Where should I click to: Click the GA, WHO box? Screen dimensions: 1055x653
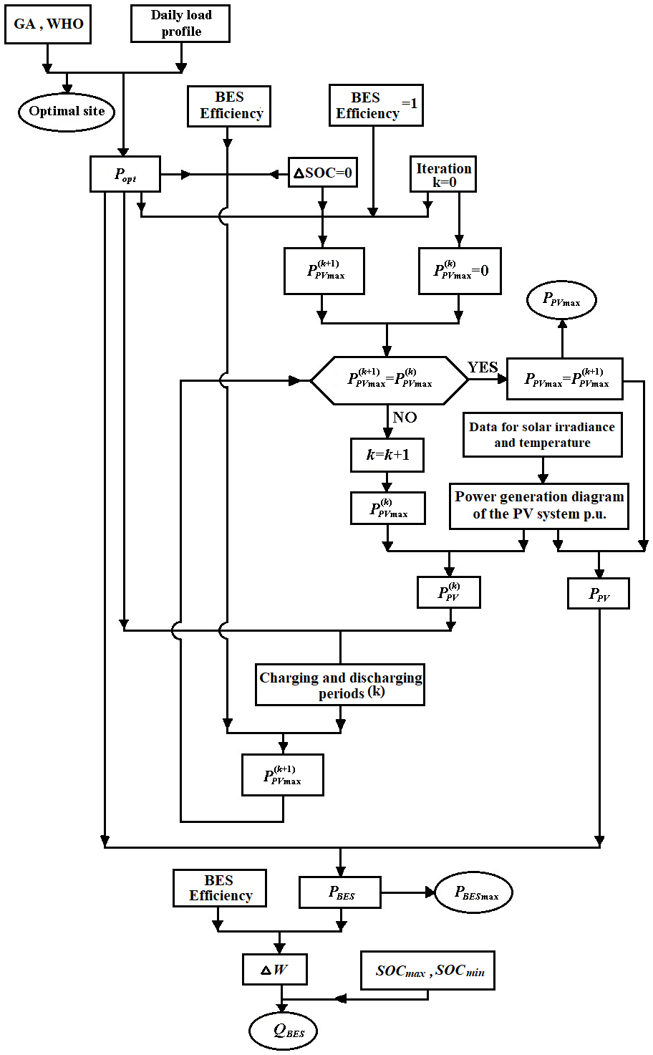pyautogui.click(x=48, y=24)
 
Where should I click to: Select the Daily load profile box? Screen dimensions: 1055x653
pyautogui.click(x=180, y=24)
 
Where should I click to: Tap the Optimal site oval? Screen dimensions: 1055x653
pyautogui.click(x=67, y=112)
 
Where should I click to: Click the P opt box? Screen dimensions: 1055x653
pyautogui.click(x=125, y=174)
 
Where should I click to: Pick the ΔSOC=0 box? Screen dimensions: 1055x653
pyautogui.click(x=322, y=173)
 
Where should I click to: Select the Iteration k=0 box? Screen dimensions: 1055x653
pyautogui.click(x=443, y=175)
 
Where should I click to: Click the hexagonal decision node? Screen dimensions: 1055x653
pyautogui.click(x=389, y=380)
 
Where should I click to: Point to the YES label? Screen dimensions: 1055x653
pyautogui.click(x=483, y=367)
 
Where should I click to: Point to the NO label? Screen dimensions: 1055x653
pyautogui.click(x=405, y=418)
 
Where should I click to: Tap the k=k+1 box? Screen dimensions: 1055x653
pyautogui.click(x=387, y=455)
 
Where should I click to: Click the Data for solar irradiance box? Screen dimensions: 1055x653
pyautogui.click(x=542, y=435)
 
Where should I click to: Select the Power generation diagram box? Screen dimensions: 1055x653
pyautogui.click(x=539, y=506)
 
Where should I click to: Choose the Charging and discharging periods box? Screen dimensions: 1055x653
pyautogui.click(x=340, y=685)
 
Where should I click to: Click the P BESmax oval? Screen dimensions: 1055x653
pyautogui.click(x=474, y=892)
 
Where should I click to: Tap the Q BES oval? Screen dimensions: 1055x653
pyautogui.click(x=284, y=1031)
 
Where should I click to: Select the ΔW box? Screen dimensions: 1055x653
pyautogui.click(x=275, y=970)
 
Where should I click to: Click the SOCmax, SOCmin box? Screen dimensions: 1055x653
pyautogui.click(x=427, y=971)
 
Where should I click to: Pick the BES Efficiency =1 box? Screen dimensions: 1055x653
pyautogui.click(x=376, y=105)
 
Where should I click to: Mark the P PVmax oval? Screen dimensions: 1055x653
pyautogui.click(x=561, y=301)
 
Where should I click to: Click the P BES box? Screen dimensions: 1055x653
pyautogui.click(x=340, y=892)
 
